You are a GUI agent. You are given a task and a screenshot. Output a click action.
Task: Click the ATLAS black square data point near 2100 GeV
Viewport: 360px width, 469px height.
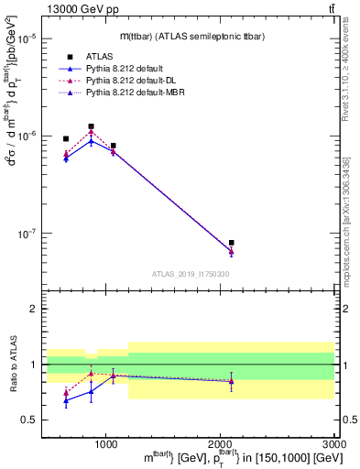click(x=232, y=243)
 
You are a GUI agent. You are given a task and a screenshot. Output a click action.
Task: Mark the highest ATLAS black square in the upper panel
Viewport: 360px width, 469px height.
click(x=91, y=126)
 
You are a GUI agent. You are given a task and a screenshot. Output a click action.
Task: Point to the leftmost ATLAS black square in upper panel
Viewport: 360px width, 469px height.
click(x=66, y=139)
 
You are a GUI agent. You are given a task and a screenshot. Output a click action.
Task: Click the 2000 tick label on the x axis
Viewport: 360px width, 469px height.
click(x=220, y=443)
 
